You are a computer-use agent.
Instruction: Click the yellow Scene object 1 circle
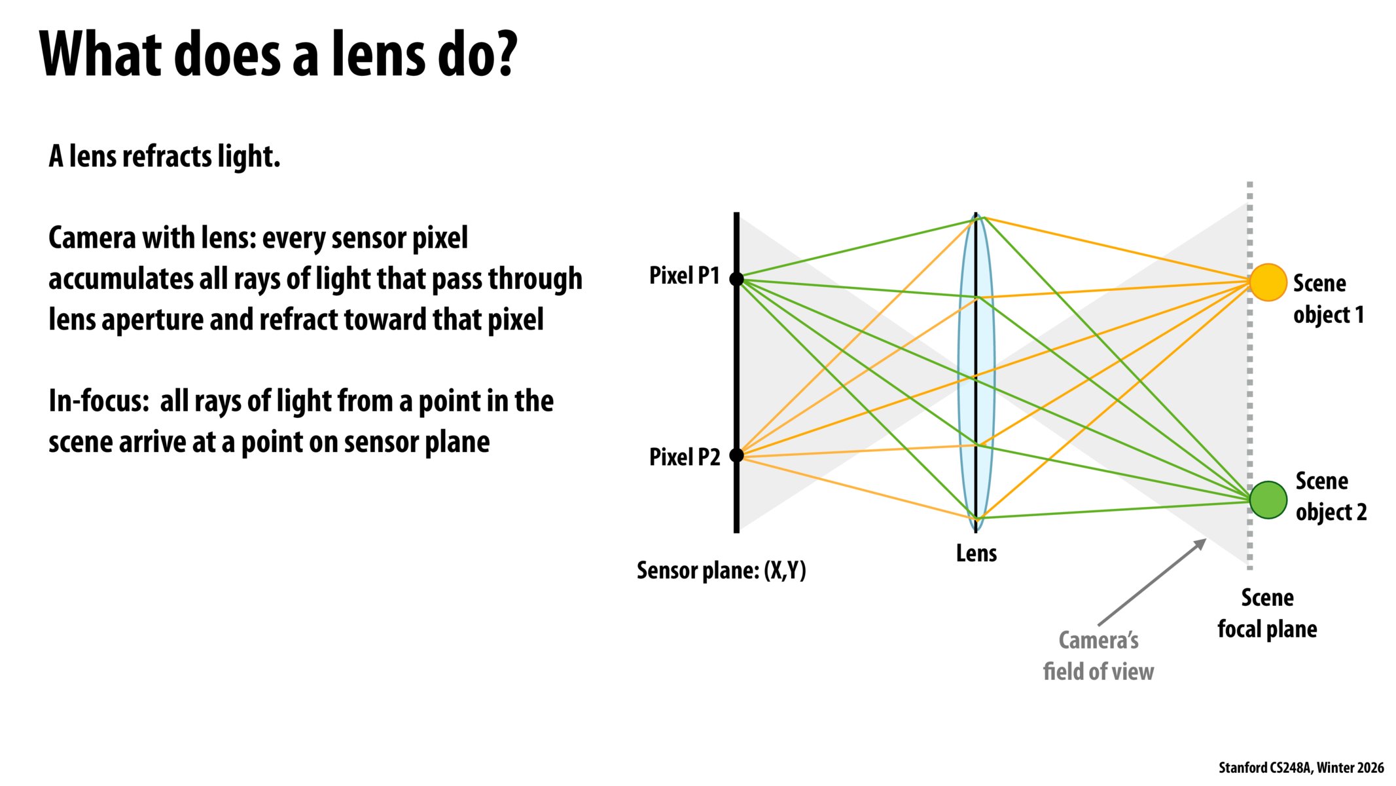coord(1268,282)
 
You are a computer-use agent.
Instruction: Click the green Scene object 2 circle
coord(1268,500)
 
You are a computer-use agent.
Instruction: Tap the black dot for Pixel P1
coord(736,279)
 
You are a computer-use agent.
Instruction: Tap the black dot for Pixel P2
coord(736,455)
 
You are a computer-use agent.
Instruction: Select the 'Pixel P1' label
coord(684,276)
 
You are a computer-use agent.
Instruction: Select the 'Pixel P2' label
coord(684,457)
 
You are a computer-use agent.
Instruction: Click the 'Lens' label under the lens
coord(976,553)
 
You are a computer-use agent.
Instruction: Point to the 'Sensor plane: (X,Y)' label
coord(721,571)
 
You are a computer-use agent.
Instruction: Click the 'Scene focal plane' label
coord(1267,613)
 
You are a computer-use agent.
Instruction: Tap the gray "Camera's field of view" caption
coord(1098,656)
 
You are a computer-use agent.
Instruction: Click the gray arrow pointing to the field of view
coord(1152,582)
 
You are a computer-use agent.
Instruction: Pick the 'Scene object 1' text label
coord(1328,299)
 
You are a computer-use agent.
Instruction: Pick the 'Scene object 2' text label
coord(1331,496)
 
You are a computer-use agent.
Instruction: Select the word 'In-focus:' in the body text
coord(99,401)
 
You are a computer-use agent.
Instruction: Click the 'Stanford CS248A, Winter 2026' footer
coord(1300,768)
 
